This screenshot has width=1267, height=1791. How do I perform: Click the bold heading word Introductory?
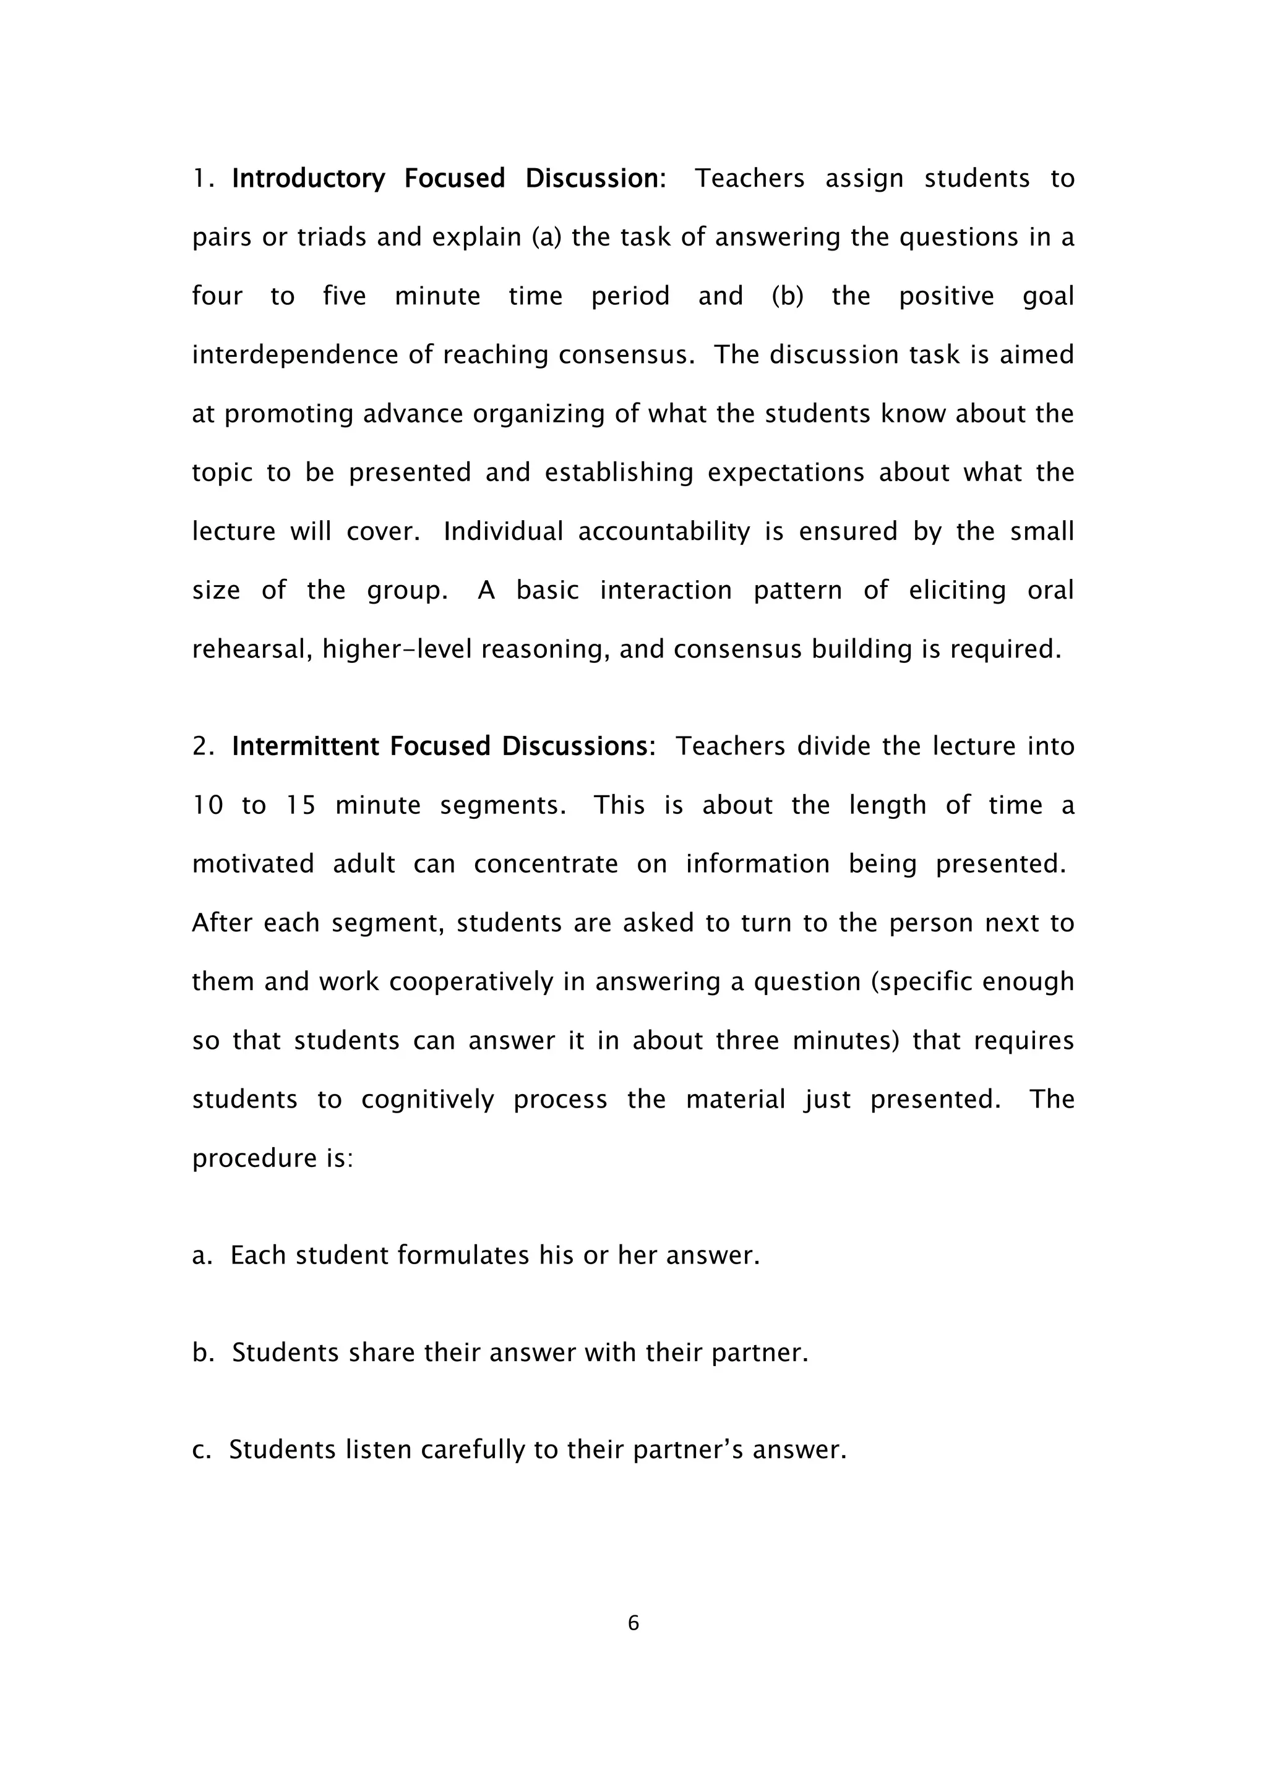(x=308, y=179)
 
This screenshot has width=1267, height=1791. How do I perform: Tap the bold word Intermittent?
(x=301, y=746)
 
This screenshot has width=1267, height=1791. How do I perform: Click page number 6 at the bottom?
(x=633, y=1623)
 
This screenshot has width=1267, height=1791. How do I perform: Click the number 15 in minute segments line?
(x=301, y=805)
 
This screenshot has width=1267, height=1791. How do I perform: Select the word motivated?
(x=253, y=865)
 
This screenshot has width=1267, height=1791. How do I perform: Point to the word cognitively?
(x=427, y=1099)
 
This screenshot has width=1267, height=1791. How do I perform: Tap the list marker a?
(x=201, y=1255)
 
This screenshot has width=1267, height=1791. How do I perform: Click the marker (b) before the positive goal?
(x=787, y=296)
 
